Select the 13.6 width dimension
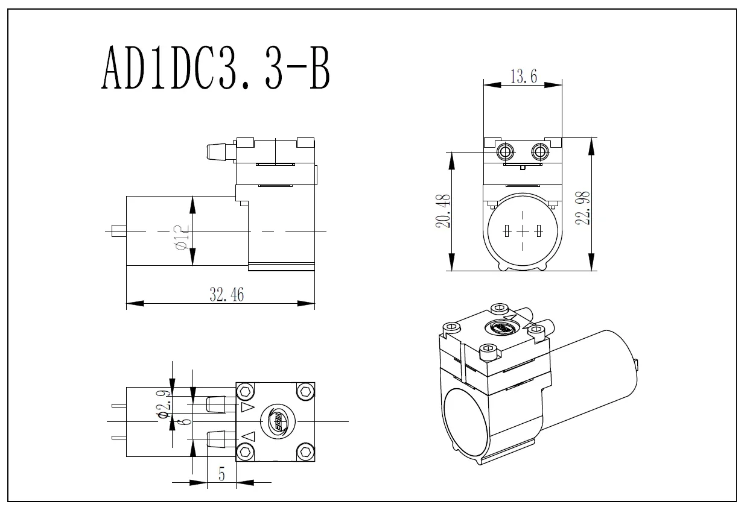pyautogui.click(x=523, y=77)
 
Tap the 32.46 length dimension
pyautogui.click(x=226, y=295)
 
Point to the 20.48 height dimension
pyautogui.click(x=444, y=211)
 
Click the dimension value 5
pyautogui.click(x=221, y=474)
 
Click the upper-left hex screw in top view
pyautogui.click(x=245, y=392)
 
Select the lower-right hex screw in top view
pyautogui.click(x=306, y=452)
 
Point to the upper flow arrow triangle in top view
pyautogui.click(x=247, y=408)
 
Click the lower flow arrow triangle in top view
pyautogui.click(x=248, y=436)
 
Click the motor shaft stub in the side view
pyautogui.click(x=118, y=230)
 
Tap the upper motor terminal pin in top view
pyautogui.click(x=118, y=405)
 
